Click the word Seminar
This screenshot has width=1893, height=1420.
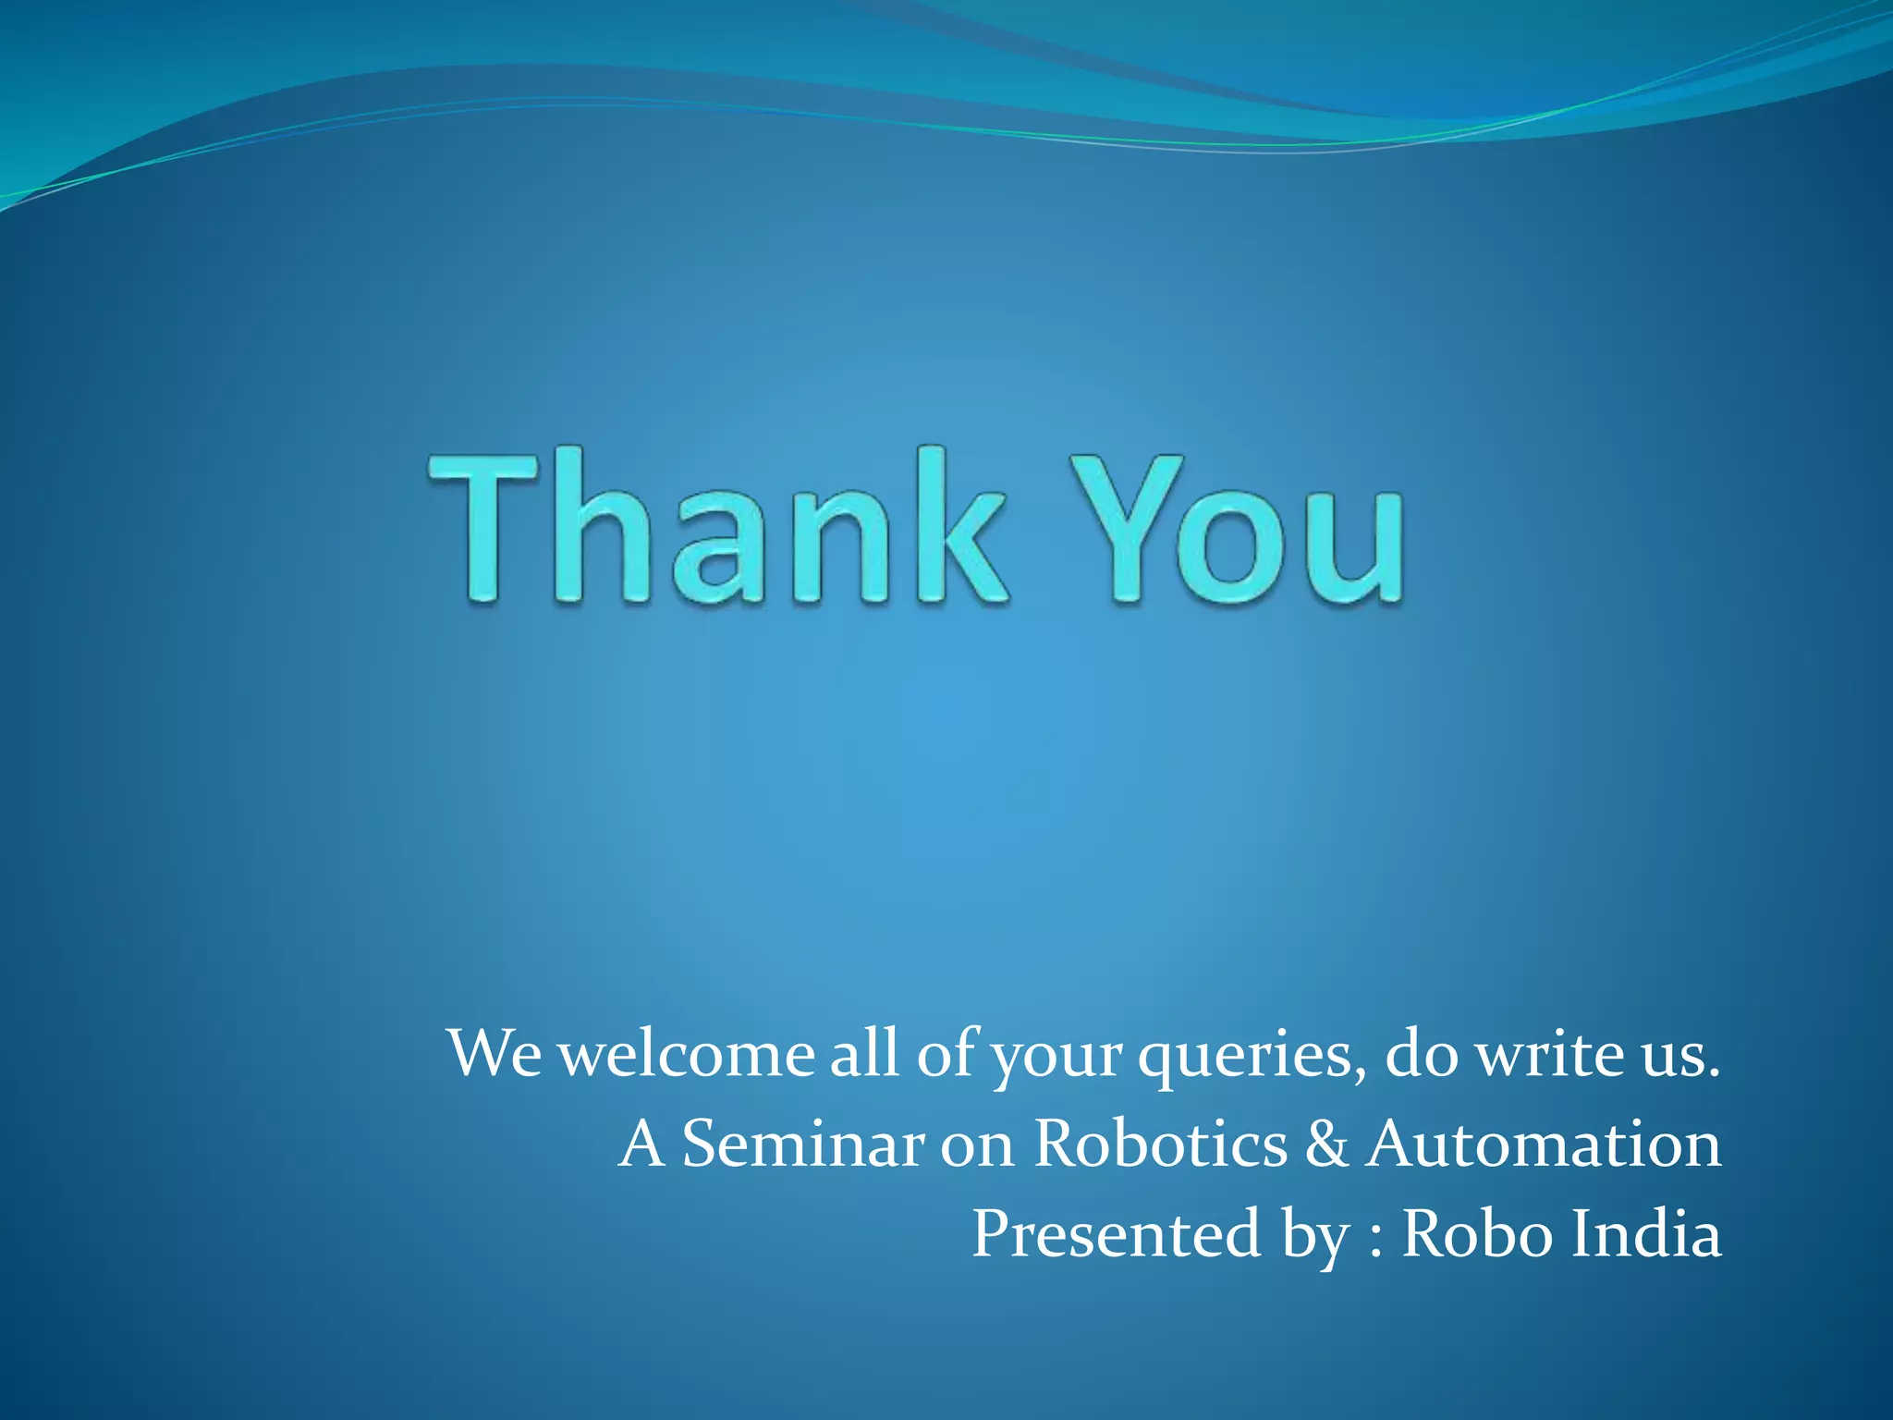(x=802, y=1145)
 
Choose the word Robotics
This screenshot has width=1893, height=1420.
(x=1160, y=1145)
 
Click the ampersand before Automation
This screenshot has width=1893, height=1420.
(x=1327, y=1145)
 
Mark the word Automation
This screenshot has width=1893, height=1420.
(x=1544, y=1145)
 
